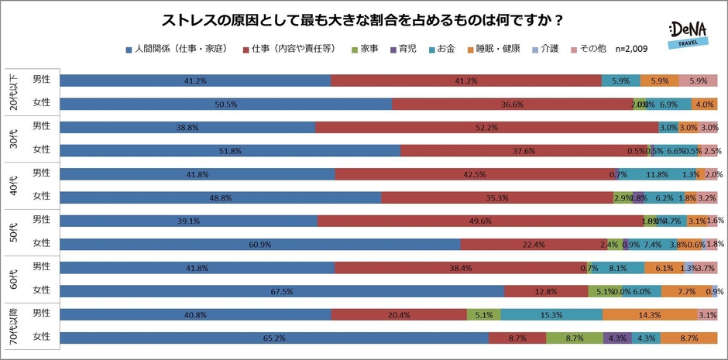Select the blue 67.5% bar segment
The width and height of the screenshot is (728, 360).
[282, 291]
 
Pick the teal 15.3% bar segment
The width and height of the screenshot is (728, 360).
[551, 315]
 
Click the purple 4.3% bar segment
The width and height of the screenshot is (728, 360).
[618, 338]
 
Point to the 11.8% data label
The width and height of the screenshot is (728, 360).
[658, 174]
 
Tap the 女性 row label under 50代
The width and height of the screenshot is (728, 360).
[41, 244]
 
